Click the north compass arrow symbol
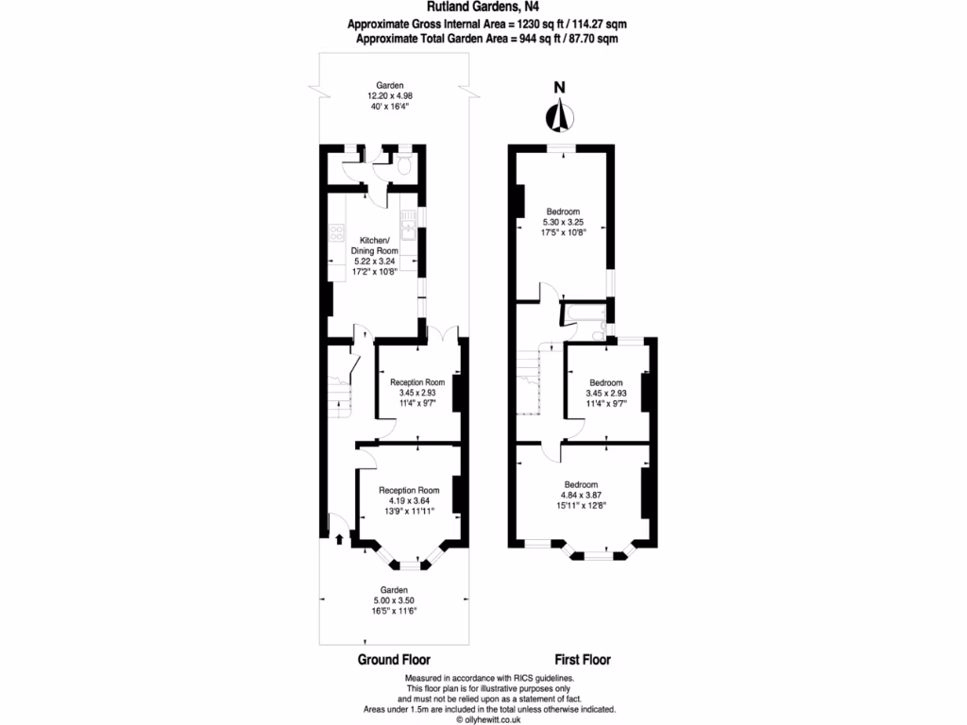pos(560,114)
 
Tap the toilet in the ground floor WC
pos(403,168)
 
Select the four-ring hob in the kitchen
pos(337,232)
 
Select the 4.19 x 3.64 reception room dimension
pos(409,500)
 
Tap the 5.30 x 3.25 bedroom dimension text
pos(562,222)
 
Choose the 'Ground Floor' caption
pos(399,660)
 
